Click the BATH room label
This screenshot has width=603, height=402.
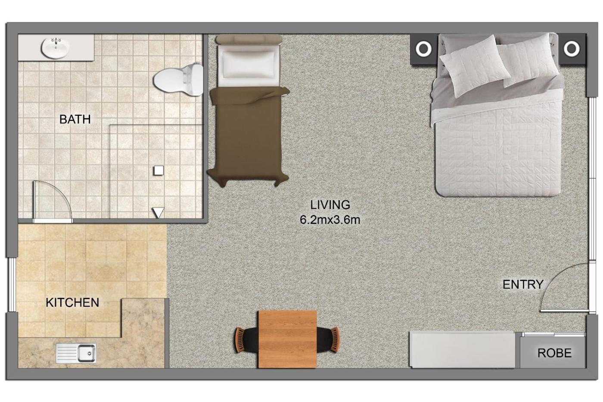[x=75, y=119]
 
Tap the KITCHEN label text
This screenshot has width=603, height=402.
[x=72, y=302]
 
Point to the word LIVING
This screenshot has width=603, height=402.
[x=330, y=205]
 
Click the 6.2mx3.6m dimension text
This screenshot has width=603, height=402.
[x=330, y=220]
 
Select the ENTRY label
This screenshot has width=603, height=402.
[x=523, y=284]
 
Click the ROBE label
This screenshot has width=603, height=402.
[x=554, y=353]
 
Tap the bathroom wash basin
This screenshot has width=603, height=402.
[x=56, y=48]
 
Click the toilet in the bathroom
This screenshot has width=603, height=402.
[x=178, y=79]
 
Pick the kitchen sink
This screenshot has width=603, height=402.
[x=76, y=353]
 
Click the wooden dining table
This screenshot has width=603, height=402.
[x=288, y=339]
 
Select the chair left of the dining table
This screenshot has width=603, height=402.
[x=246, y=340]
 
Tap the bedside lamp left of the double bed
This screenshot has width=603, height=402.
[x=423, y=49]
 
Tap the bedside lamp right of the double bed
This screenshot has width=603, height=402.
[x=572, y=49]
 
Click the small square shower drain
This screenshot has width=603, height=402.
[x=159, y=171]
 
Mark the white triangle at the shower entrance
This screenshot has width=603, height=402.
[x=159, y=212]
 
